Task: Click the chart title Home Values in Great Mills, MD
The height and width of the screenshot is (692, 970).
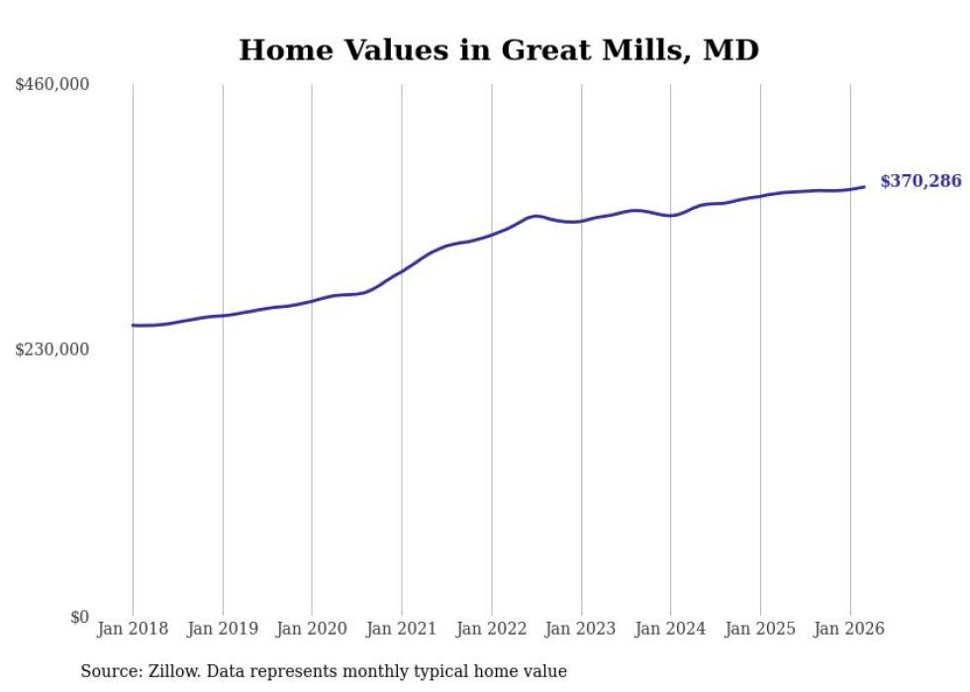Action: pyautogui.click(x=499, y=49)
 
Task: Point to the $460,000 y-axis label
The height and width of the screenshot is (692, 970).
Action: pyautogui.click(x=52, y=85)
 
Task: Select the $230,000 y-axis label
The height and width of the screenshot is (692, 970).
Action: pyautogui.click(x=52, y=349)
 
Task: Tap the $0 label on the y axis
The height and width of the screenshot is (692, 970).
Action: pyautogui.click(x=79, y=617)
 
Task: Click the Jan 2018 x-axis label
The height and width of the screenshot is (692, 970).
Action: pyautogui.click(x=133, y=629)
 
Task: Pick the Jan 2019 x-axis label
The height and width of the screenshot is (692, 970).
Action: pyautogui.click(x=223, y=629)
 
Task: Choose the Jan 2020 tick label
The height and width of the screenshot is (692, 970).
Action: pyautogui.click(x=312, y=629)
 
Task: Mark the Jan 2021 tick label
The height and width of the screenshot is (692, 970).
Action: pyautogui.click(x=402, y=629)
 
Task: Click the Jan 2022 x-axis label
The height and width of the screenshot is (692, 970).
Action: pyautogui.click(x=492, y=629)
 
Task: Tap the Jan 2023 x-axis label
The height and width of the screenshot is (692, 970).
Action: pyautogui.click(x=581, y=629)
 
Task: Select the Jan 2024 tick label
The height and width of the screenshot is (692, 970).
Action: pyautogui.click(x=671, y=629)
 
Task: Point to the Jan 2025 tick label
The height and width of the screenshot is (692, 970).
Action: pyautogui.click(x=760, y=629)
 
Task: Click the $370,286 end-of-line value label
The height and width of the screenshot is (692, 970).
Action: pyautogui.click(x=921, y=181)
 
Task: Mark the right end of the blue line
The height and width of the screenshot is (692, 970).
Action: pyautogui.click(x=864, y=187)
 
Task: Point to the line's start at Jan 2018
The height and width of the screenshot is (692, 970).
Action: pyautogui.click(x=133, y=325)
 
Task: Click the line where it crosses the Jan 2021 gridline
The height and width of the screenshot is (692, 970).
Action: pyautogui.click(x=402, y=269)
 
